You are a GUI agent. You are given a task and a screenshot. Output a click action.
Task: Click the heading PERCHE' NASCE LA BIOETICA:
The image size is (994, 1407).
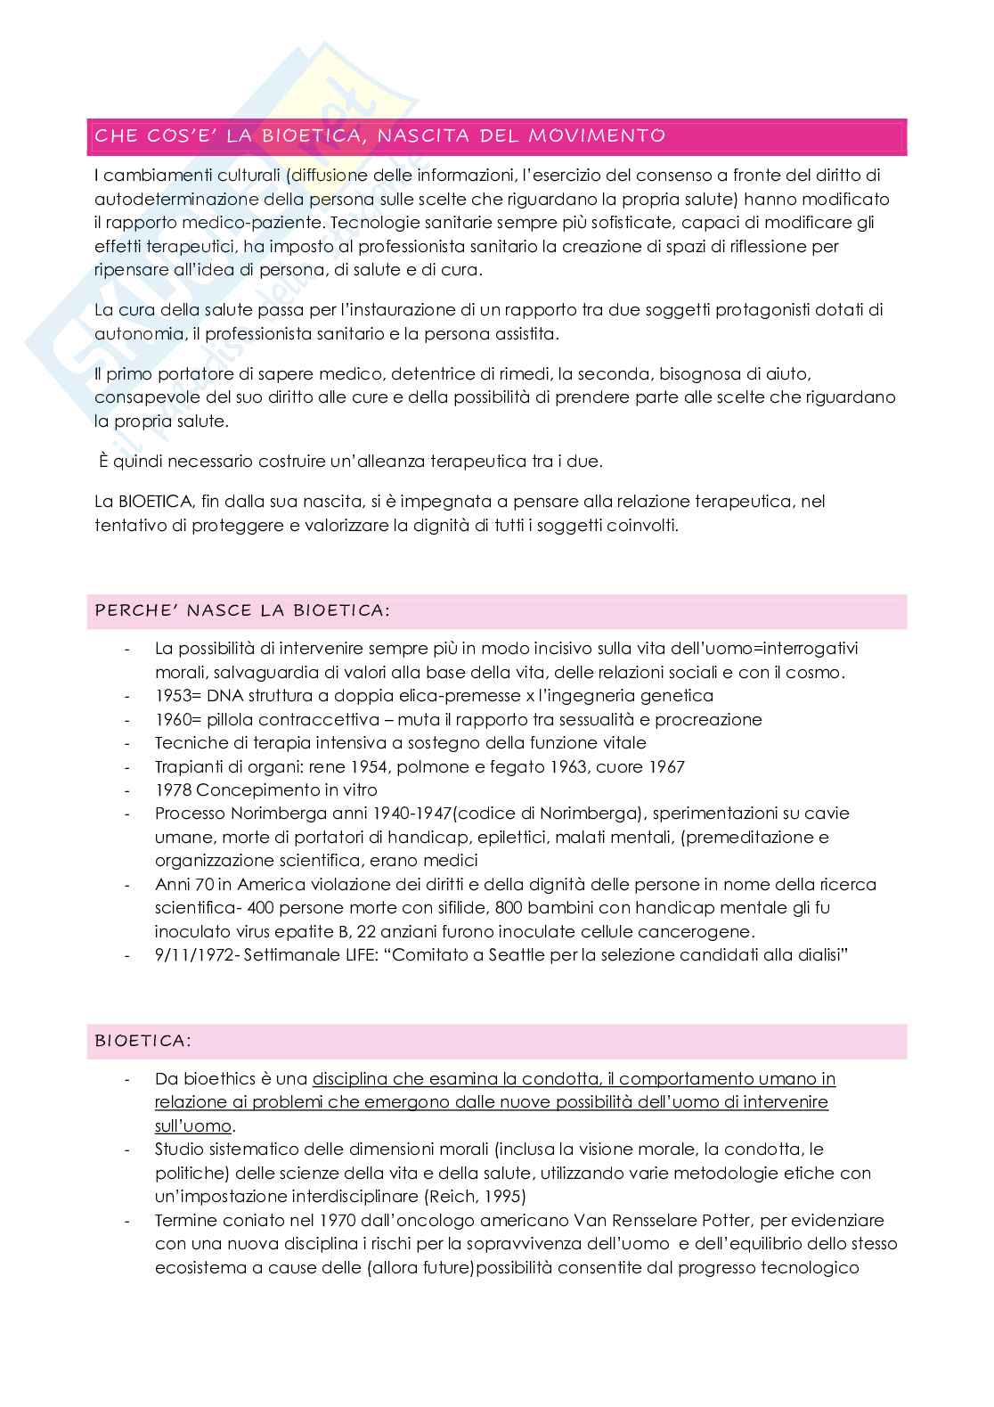tap(241, 611)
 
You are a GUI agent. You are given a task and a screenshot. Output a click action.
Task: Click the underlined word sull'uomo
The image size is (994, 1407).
tap(192, 1125)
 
